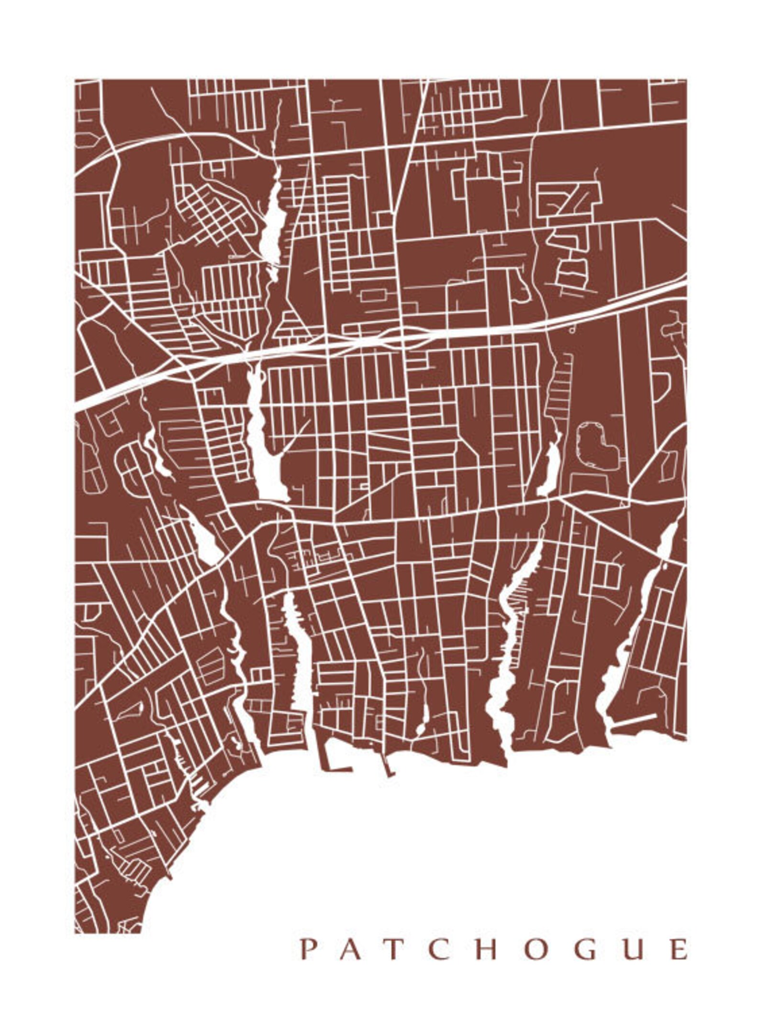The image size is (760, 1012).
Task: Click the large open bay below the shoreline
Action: [x=431, y=837]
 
